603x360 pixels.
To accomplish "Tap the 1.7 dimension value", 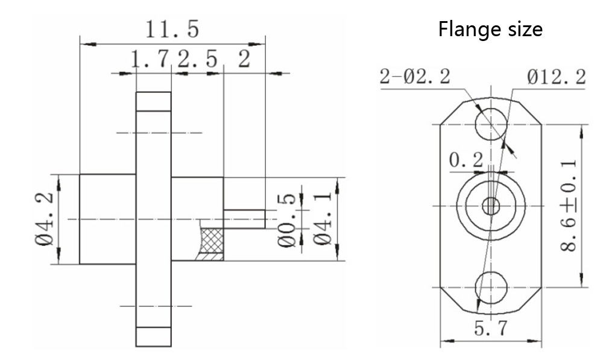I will pos(151,60).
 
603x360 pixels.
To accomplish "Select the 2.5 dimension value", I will pos(198,60).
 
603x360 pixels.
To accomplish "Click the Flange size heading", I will pos(490,29).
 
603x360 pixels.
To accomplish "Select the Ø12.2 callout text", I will pos(555,77).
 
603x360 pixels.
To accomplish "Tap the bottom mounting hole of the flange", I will pos(491,286).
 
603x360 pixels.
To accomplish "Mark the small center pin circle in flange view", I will pos(491,206).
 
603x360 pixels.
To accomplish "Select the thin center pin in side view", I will pos(244,218).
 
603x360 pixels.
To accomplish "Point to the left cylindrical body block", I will pos(107,218).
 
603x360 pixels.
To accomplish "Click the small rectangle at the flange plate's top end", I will pos(153,101).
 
